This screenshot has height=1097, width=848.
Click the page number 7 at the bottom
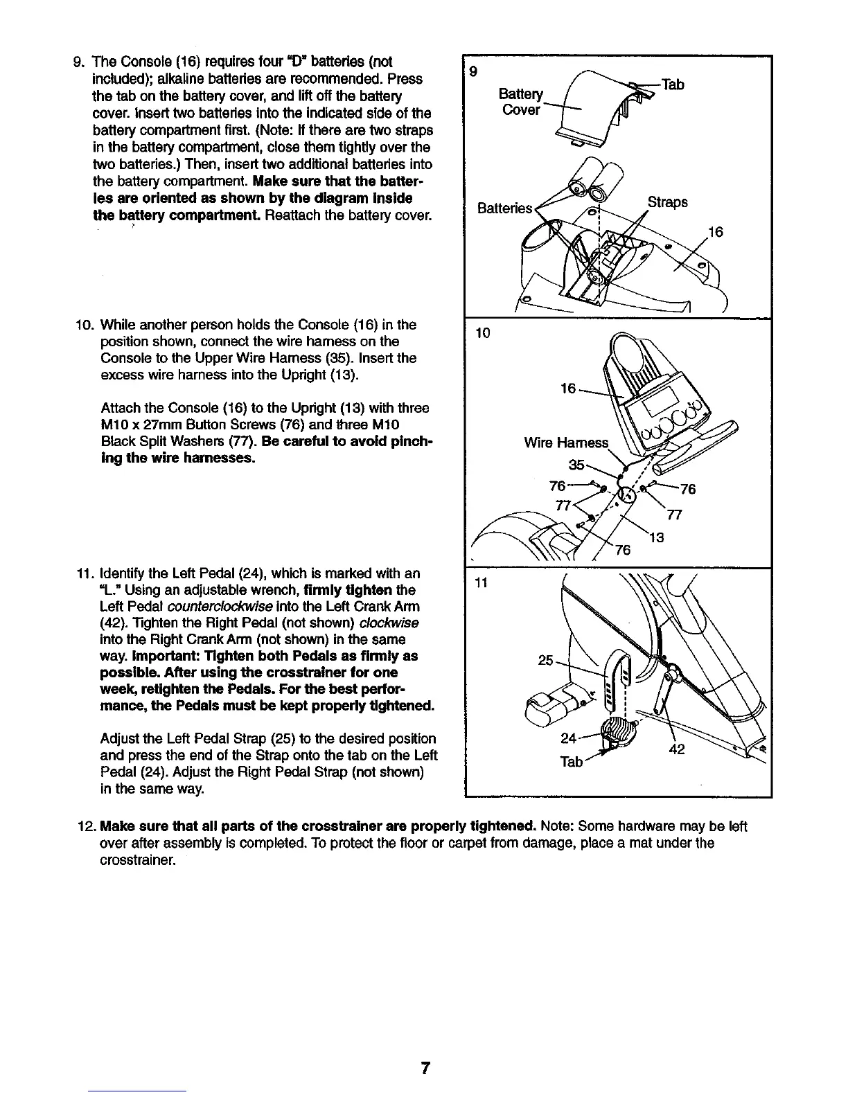click(425, 1069)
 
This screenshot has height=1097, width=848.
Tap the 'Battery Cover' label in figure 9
click(521, 102)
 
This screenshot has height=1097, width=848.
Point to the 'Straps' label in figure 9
click(667, 202)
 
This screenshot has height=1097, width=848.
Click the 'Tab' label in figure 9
click(673, 84)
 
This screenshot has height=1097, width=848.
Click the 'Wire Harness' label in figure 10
click(566, 443)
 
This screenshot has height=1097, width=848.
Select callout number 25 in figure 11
click(547, 660)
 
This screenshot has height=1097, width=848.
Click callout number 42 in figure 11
click(676, 749)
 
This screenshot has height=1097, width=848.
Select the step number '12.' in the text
click(88, 826)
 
